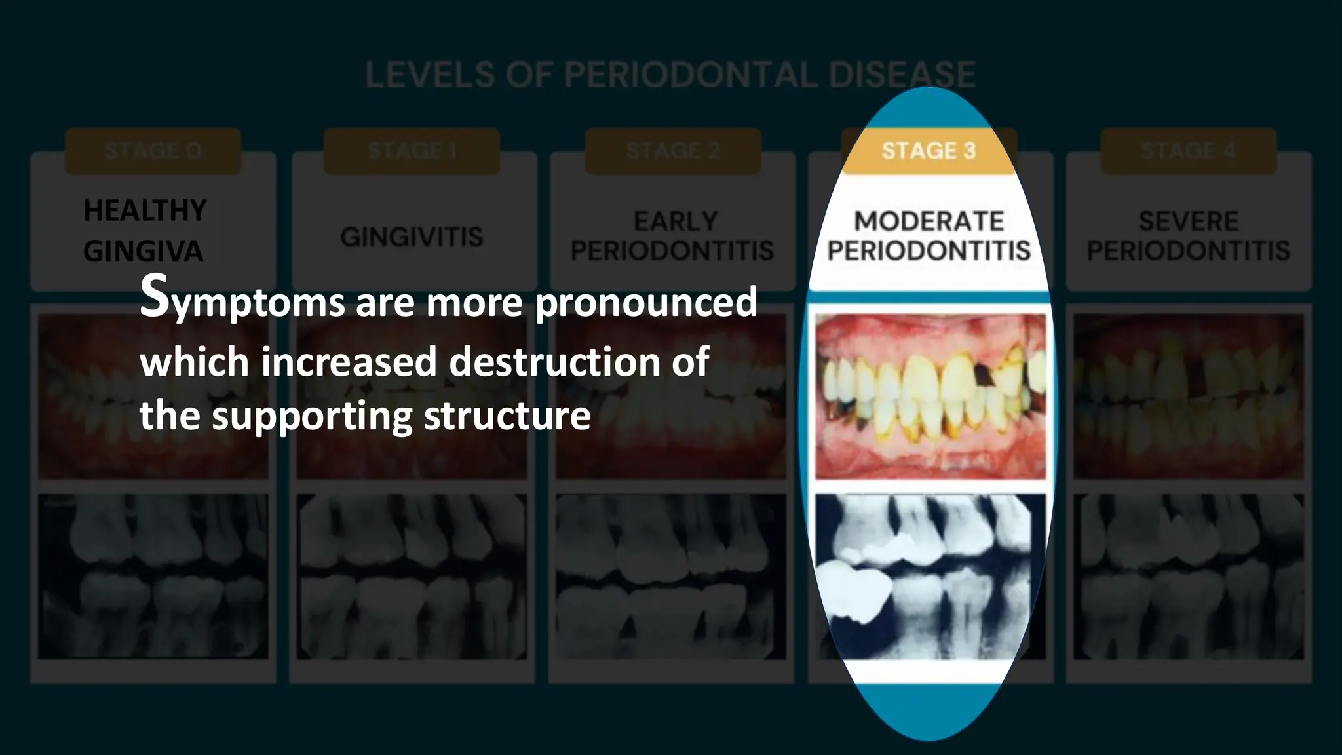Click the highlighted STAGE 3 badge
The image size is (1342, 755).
click(929, 151)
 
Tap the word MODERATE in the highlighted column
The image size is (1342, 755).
click(929, 222)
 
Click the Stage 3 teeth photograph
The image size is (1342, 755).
click(930, 396)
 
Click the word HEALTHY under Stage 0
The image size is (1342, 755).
click(145, 211)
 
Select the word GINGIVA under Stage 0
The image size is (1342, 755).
click(143, 252)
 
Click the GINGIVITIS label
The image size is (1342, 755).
click(412, 237)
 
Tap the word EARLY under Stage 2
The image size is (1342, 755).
click(675, 222)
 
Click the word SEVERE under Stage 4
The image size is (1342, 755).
click(1188, 222)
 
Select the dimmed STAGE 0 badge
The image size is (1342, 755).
click(153, 151)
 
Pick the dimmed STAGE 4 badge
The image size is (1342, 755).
click(1188, 151)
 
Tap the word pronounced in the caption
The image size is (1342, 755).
click(645, 301)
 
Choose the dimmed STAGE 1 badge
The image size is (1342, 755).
click(412, 151)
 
